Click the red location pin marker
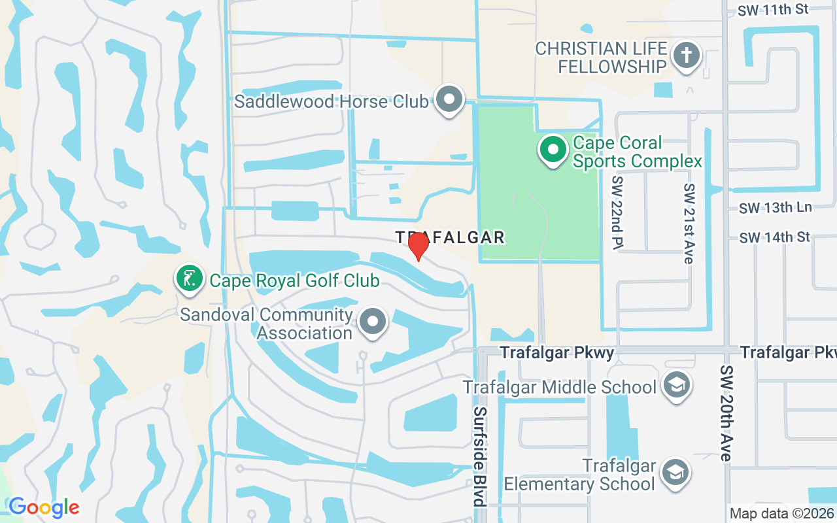coord(418,246)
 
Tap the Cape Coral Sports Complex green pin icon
coord(553,150)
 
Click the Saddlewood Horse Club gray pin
coord(449,100)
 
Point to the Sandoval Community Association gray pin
coord(373,322)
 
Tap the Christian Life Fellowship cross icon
coord(686,56)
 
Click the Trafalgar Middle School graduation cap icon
coord(677,385)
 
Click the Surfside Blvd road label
coord(480,456)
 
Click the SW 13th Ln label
coord(776,208)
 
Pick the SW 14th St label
coord(775,237)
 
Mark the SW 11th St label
coord(774,10)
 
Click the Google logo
coord(44,507)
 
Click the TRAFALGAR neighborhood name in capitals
coord(450,237)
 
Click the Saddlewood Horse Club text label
coord(332,101)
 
